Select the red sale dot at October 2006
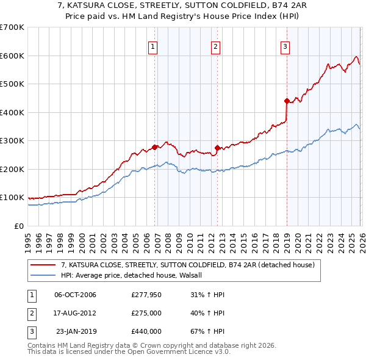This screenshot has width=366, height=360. click(155, 146)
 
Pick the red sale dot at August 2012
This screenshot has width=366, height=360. click(218, 148)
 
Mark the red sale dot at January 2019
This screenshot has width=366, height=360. click(287, 101)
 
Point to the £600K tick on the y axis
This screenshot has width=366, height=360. click(12, 56)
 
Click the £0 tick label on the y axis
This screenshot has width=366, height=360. click(18, 226)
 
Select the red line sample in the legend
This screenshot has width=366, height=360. click(43, 265)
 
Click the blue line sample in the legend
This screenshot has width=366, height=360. click(43, 275)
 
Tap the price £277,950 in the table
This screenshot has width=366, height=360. click(146, 295)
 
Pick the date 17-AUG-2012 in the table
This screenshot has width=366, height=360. click(75, 313)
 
